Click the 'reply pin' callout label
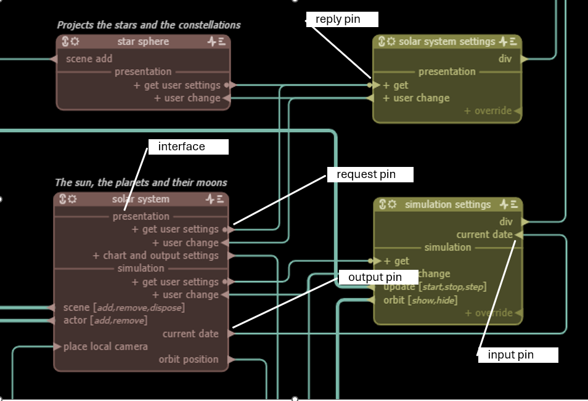click(x=338, y=20)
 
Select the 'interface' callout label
click(x=182, y=147)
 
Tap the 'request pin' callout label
click(x=365, y=175)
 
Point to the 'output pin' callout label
click(x=375, y=277)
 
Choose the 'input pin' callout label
click(x=511, y=355)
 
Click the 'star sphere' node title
click(x=143, y=42)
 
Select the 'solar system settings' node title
click(x=447, y=42)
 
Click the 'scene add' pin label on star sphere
click(x=89, y=59)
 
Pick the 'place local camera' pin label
click(x=105, y=346)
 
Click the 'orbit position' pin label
click(x=189, y=359)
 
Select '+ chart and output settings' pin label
click(x=156, y=256)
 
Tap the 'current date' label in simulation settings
click(x=484, y=235)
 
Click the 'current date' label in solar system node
click(x=190, y=333)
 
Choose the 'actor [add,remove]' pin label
click(x=105, y=320)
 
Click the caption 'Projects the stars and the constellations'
click(x=149, y=25)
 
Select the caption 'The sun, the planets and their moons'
click(x=141, y=182)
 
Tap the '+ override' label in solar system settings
click(x=488, y=111)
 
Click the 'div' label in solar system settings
click(x=505, y=59)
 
